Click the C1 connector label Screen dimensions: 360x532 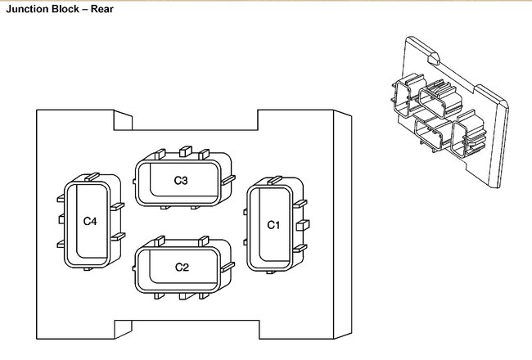coord(274,224)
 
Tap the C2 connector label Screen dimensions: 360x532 coord(182,267)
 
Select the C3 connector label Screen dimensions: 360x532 coord(181,179)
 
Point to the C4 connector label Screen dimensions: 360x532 coord(90,220)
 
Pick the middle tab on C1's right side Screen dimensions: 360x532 coord(302,223)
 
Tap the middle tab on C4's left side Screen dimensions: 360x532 coord(61,219)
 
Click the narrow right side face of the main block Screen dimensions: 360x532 coord(345,225)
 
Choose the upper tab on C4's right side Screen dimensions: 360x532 coord(118,205)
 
